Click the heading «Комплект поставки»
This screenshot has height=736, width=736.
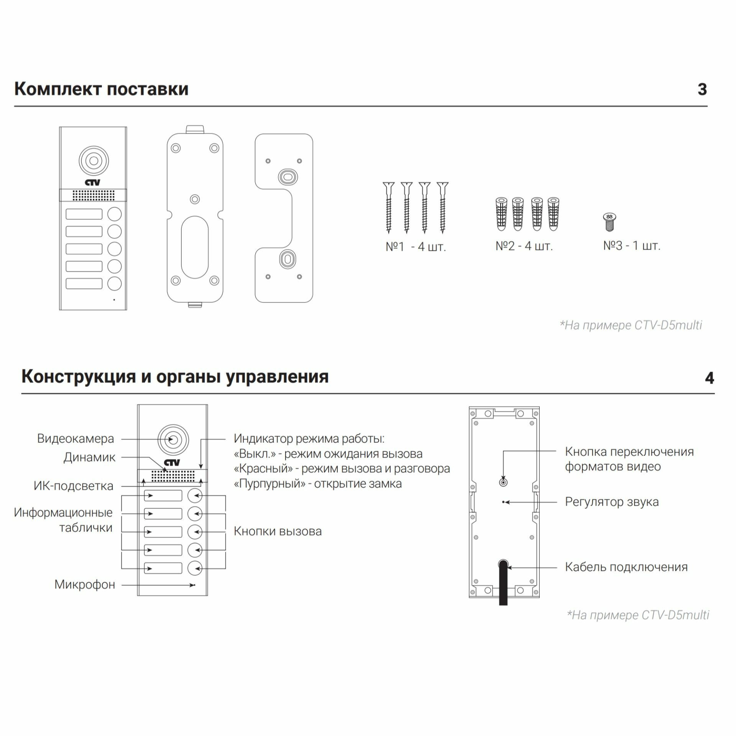(101, 89)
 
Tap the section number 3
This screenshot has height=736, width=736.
(702, 89)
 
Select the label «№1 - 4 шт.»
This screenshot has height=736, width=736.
(416, 246)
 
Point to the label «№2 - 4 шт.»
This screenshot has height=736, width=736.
(524, 246)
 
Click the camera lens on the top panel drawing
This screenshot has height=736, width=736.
(94, 161)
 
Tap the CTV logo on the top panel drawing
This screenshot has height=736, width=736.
(93, 182)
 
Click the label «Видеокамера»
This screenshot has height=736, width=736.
(76, 439)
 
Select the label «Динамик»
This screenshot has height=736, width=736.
(89, 457)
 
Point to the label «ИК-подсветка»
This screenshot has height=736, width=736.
(74, 486)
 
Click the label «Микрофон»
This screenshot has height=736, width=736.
(85, 585)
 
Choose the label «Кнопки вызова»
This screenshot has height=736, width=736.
(278, 531)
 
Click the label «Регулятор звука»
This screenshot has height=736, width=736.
(612, 502)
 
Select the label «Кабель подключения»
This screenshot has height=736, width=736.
(626, 567)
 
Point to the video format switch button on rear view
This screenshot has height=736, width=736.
(503, 482)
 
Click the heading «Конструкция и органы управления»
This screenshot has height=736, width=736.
(175, 376)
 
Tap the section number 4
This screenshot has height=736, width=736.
(709, 378)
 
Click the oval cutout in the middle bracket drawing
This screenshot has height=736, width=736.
(195, 247)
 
